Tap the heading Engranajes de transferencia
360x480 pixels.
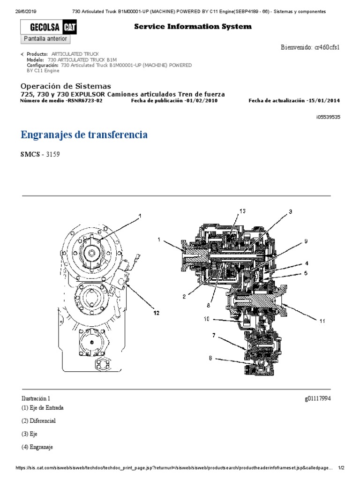coord(84,135)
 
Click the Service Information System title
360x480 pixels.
coord(193,27)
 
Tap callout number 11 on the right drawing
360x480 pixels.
coord(322,322)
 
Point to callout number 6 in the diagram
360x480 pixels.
coord(210,359)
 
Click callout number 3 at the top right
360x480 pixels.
coord(290,212)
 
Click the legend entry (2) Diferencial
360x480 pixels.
coord(39,421)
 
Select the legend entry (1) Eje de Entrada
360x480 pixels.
coord(43,408)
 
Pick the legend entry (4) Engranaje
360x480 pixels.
coord(37,447)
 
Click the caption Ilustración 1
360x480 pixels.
coord(36,398)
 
